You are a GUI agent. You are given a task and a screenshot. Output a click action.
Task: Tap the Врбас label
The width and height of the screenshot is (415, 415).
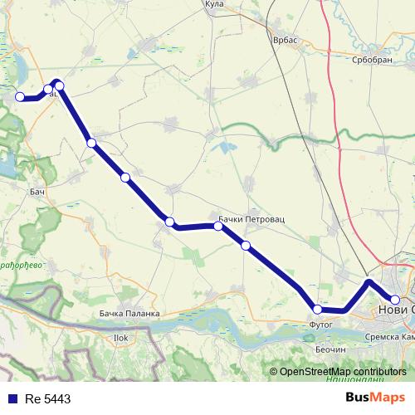pos(285,39)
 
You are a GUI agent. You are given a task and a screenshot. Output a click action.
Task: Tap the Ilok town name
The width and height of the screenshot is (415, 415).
pos(120,338)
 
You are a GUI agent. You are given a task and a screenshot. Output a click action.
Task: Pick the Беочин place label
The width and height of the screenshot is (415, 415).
pos(330,351)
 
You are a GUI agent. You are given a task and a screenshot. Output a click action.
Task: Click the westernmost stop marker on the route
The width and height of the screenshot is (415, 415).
pos(20,97)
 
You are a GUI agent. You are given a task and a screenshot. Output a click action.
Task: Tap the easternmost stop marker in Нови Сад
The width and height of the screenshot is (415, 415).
pos(395,300)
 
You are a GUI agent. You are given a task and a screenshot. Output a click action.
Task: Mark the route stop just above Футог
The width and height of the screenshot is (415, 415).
pos(317,309)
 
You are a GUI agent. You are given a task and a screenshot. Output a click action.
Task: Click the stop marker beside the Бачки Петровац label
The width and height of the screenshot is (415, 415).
pos(218,225)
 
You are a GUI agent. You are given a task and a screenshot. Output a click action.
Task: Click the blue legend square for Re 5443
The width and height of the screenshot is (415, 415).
pos(11,398)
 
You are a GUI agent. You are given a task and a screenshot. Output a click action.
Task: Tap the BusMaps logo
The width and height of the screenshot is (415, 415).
pos(375,398)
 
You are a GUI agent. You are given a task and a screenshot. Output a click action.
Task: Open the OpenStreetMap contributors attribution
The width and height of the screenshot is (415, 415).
pos(343,372)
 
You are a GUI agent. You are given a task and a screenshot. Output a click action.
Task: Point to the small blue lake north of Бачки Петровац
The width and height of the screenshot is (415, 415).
pos(222,149)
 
